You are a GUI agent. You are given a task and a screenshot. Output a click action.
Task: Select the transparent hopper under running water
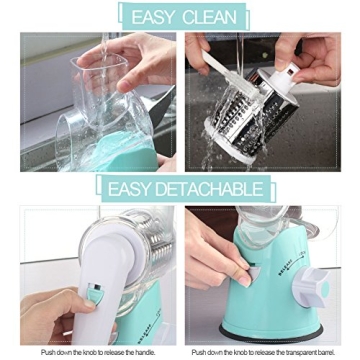[x=100, y=100]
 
